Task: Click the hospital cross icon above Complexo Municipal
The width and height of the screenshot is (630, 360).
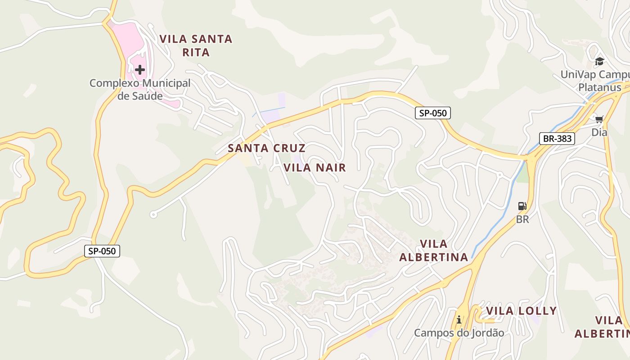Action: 140,70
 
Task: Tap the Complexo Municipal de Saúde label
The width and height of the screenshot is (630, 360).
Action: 140,89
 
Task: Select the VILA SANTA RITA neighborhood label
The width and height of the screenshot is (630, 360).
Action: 196,45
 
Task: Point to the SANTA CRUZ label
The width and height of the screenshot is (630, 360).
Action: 266,148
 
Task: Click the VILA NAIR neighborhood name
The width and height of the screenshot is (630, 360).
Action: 315,168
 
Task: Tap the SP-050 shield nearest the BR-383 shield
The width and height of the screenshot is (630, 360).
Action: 432,113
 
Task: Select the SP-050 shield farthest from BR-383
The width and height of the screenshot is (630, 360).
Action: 102,251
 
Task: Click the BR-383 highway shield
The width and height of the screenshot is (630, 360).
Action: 557,138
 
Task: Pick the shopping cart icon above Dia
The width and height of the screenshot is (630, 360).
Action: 599,119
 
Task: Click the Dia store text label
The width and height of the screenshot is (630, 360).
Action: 599,132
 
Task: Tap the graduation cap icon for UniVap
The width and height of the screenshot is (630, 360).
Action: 599,61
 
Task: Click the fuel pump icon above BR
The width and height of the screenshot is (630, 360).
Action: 522,207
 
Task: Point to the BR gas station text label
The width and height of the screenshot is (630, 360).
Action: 522,220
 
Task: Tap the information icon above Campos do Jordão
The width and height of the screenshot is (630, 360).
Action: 459,320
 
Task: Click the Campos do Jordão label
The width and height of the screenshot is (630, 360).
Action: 459,333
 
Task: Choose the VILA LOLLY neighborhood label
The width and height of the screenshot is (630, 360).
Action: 521,311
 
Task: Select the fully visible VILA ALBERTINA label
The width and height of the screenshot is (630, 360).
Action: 434,251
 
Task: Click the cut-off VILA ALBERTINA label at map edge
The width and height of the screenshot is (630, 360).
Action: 603,327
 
